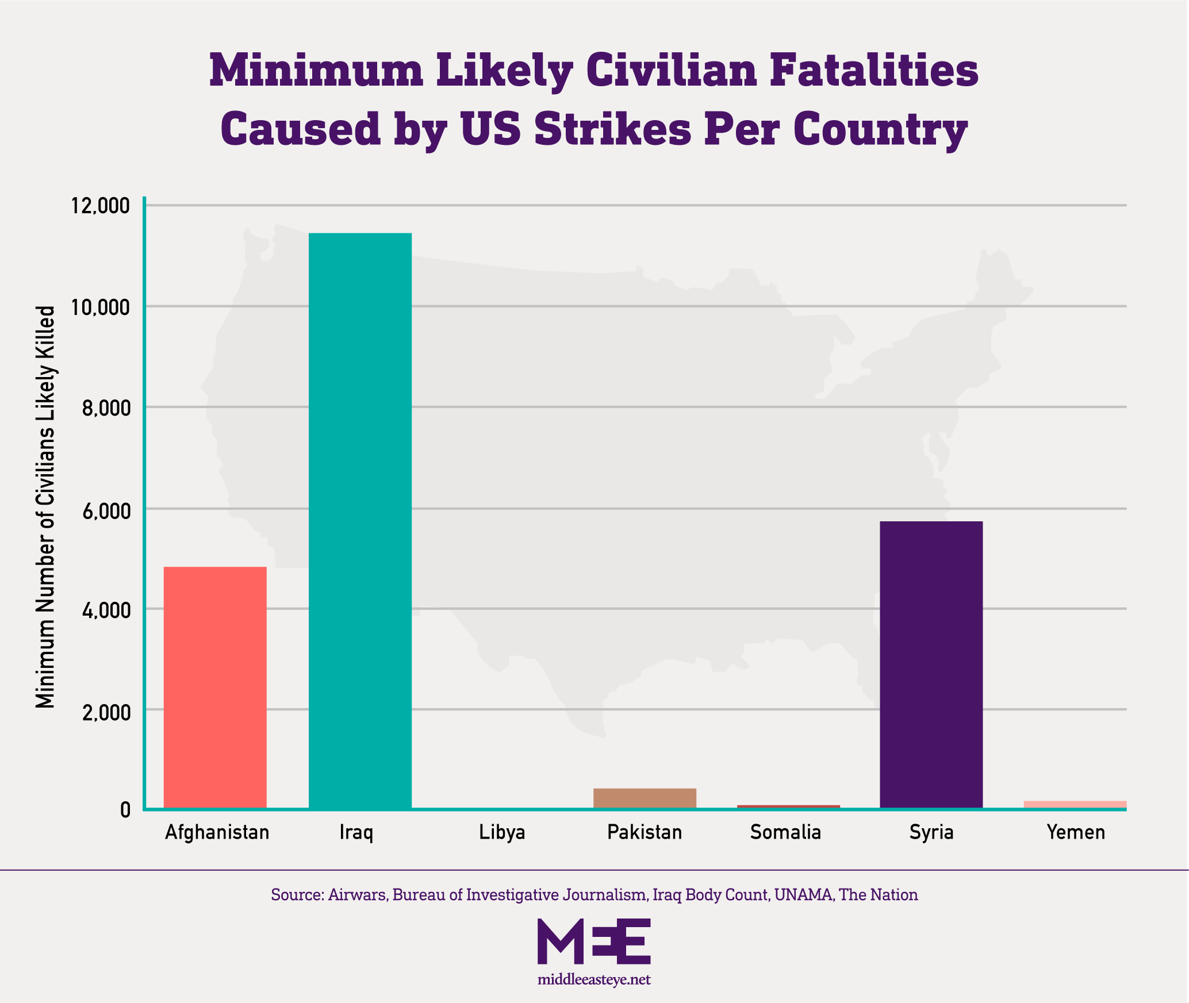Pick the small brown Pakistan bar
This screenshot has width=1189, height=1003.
coord(645,798)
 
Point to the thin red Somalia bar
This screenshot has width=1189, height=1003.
coord(788,806)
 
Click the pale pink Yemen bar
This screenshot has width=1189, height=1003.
coord(1075,804)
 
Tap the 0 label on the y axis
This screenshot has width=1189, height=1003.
coord(125,811)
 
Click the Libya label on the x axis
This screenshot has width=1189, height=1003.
coord(502,832)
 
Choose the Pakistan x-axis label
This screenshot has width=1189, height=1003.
coord(645,832)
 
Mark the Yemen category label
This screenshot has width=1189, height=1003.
coord(1076,832)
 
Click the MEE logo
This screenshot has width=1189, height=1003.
coord(594,941)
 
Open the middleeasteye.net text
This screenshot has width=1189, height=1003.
coord(594,979)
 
